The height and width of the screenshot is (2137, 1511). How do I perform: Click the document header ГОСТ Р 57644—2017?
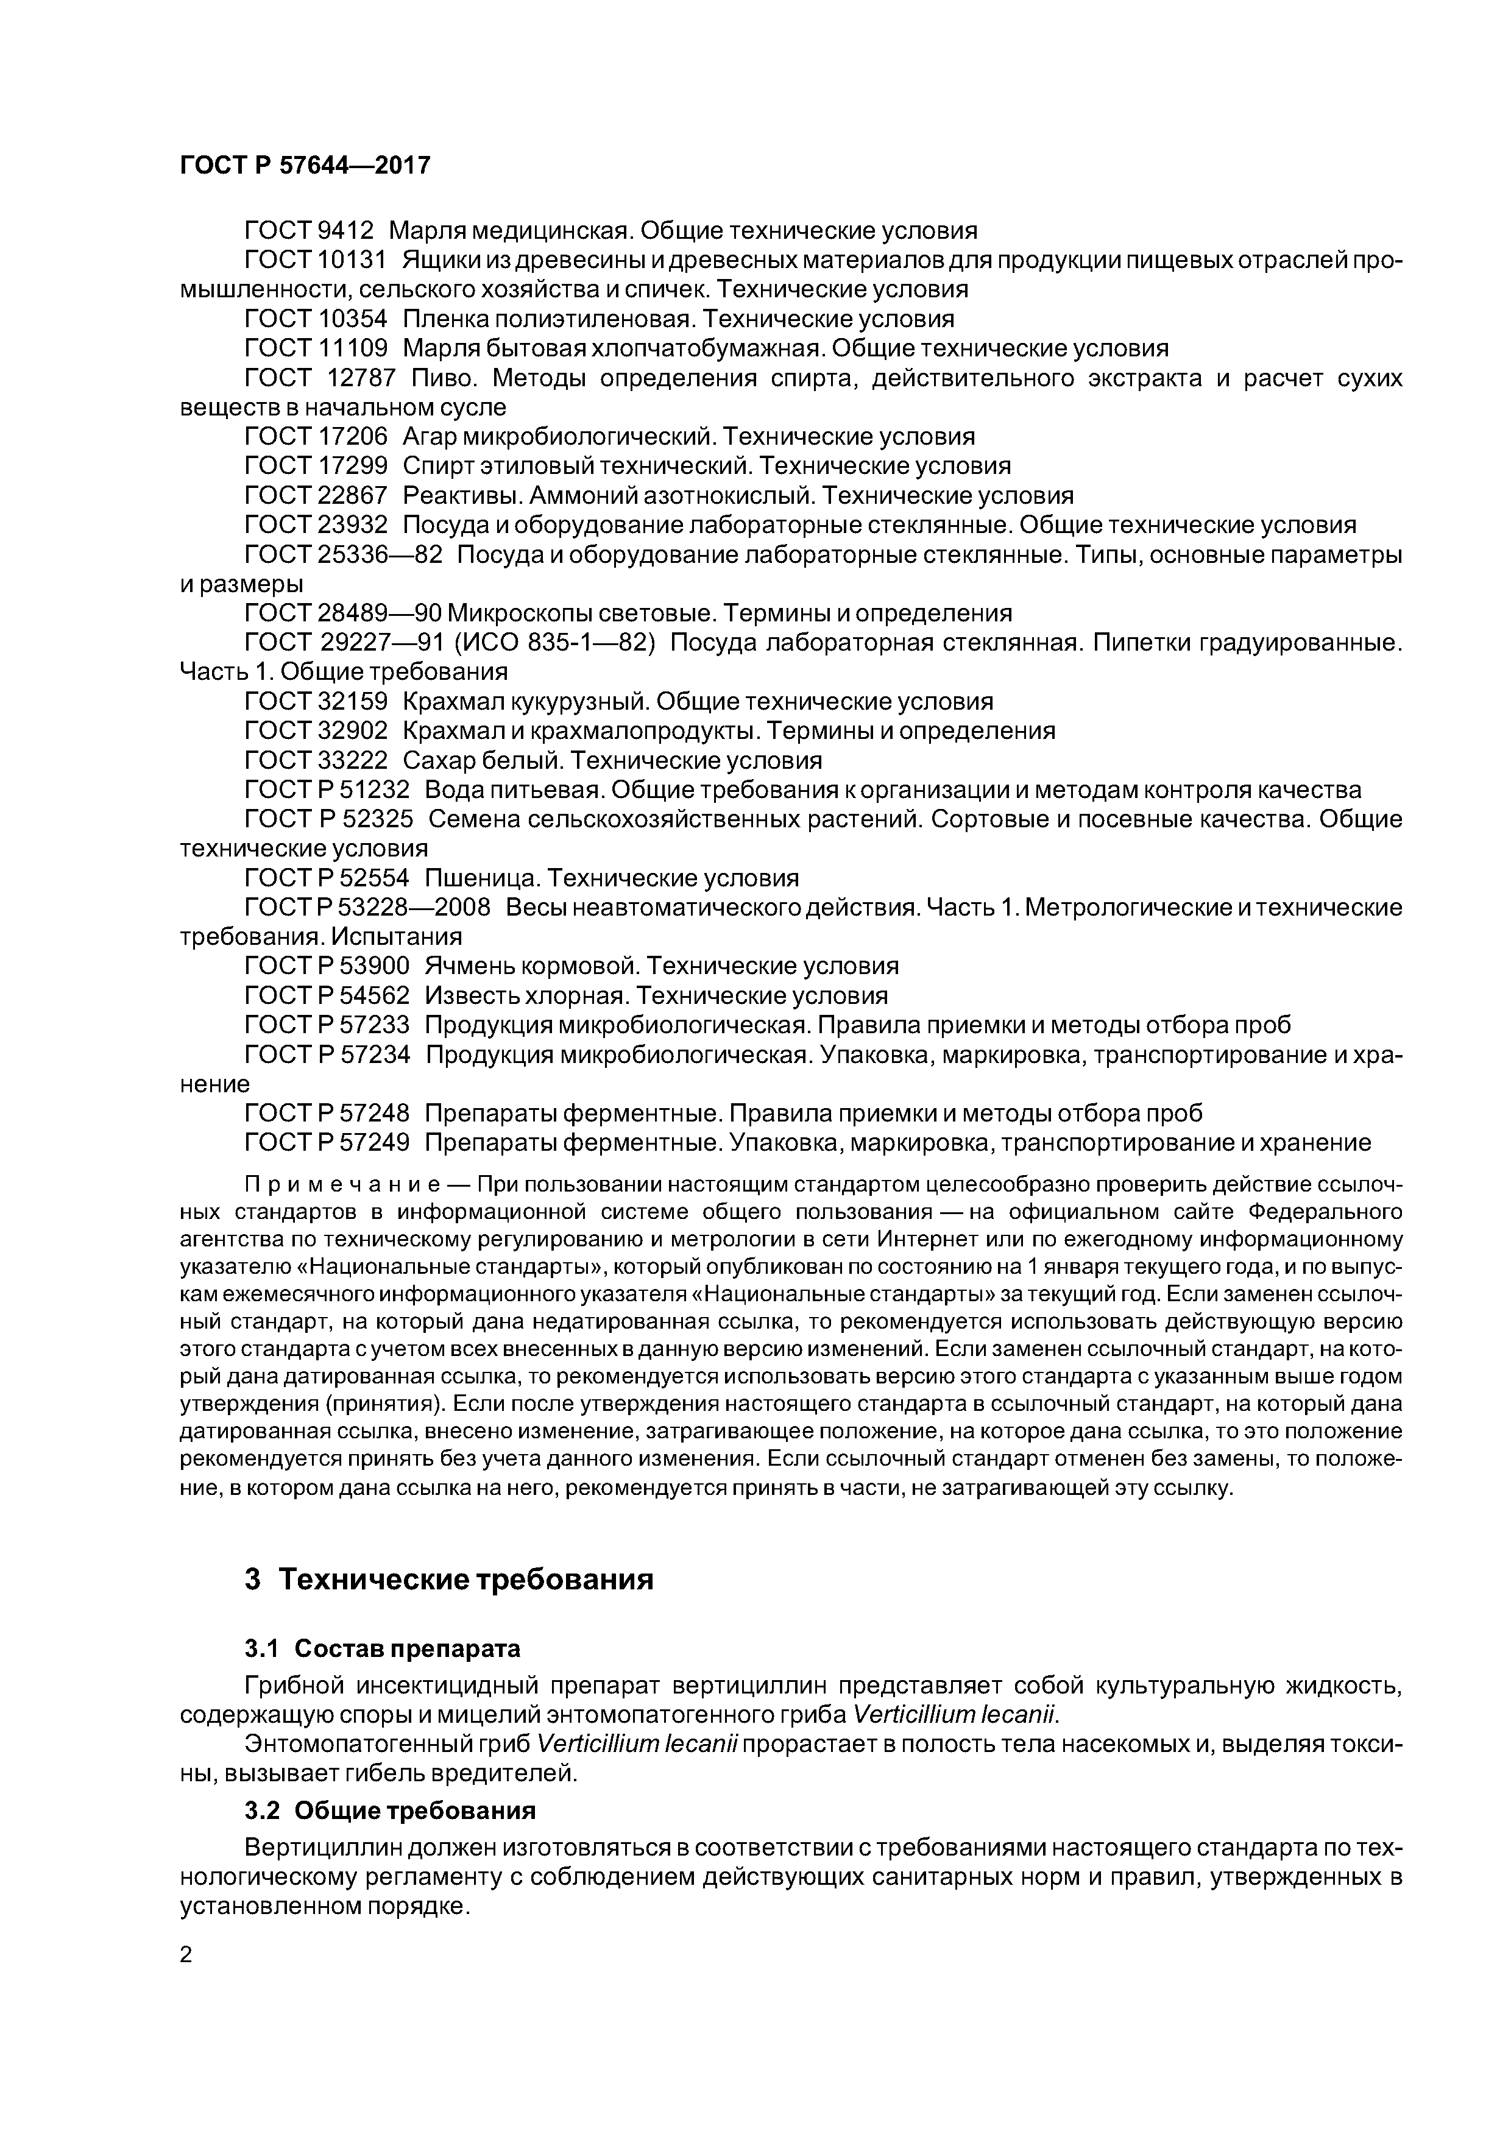305,164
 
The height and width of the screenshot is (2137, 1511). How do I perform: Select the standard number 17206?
353,436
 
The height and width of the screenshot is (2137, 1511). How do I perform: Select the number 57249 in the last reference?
372,1142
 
